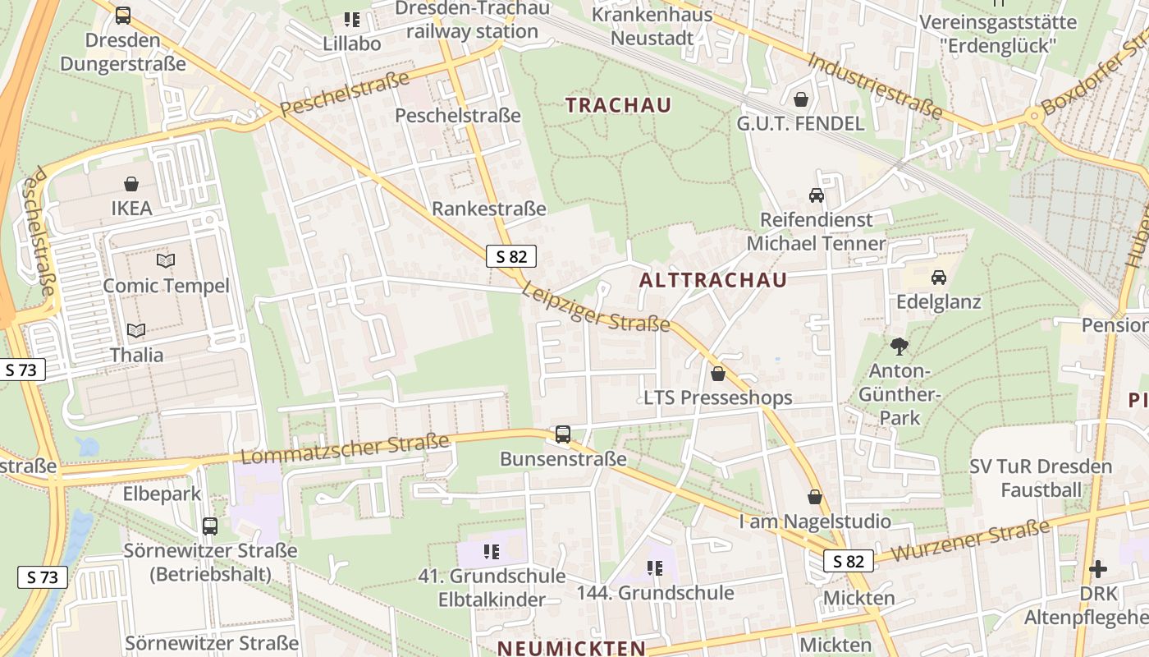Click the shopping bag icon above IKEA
131,183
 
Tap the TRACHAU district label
619,105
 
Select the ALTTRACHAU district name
712,280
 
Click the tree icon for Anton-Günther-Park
900,347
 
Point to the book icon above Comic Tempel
166,261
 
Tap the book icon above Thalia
136,330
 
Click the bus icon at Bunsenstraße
563,434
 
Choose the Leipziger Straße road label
596,307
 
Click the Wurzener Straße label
970,540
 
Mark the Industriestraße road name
875,85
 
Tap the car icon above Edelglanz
939,277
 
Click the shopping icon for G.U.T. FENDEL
800,99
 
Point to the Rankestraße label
489,209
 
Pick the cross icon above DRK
1098,568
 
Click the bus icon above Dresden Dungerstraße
123,15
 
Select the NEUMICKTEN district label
571,648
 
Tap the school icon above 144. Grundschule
655,567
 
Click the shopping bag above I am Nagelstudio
815,497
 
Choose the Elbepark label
163,494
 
